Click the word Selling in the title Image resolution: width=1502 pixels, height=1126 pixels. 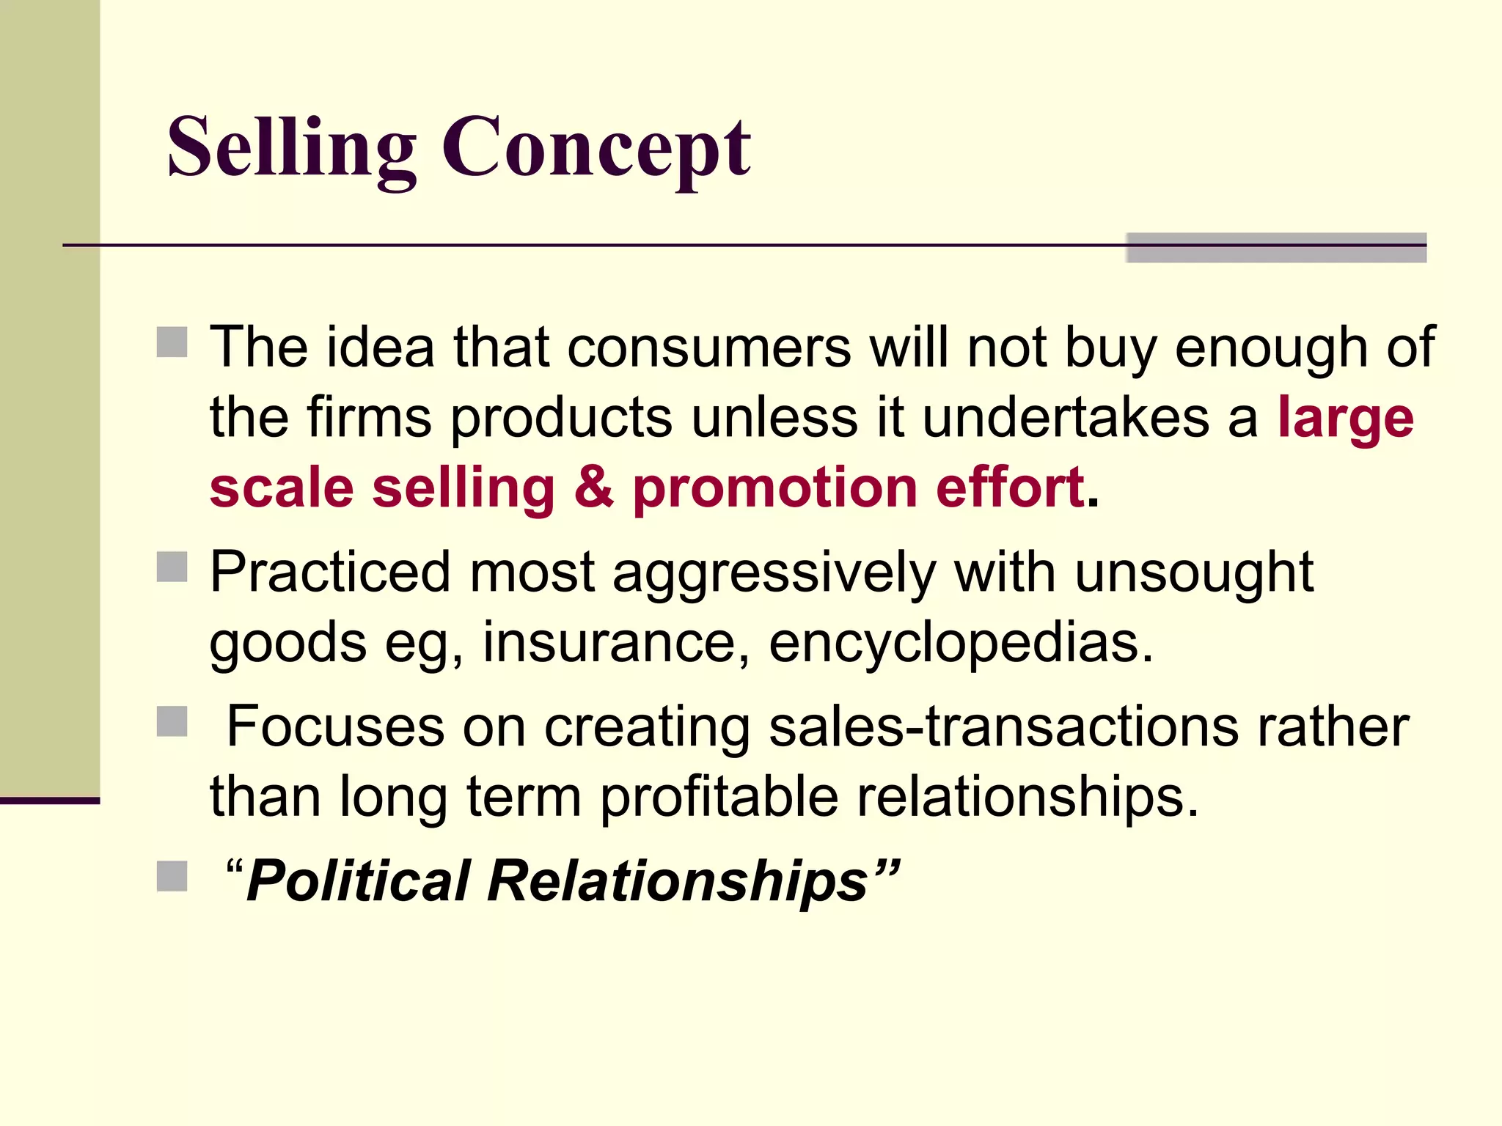tap(291, 149)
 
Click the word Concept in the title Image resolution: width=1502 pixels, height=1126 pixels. tap(596, 149)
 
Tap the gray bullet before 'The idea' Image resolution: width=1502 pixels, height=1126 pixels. tap(172, 342)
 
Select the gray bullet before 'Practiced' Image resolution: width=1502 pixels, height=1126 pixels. tap(172, 567)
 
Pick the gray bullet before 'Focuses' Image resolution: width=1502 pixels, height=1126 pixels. tap(172, 721)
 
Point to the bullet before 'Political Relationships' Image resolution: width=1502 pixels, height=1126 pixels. tap(172, 876)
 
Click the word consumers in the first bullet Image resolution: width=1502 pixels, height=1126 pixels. tap(709, 347)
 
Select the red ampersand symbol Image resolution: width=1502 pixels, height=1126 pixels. tap(594, 487)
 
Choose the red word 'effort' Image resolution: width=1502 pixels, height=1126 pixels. tap(1010, 487)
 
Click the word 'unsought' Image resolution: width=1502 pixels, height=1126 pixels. tap(1194, 573)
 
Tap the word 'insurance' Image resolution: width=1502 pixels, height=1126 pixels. tap(616, 643)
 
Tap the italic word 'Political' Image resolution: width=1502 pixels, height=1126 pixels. tap(359, 880)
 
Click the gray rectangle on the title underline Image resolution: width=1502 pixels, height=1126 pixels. tap(1276, 248)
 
